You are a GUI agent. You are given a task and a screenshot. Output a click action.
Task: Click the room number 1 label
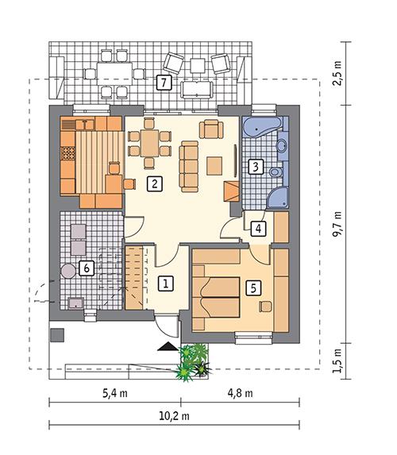pos(167,282)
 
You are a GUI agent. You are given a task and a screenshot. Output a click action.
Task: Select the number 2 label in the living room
pos(154,184)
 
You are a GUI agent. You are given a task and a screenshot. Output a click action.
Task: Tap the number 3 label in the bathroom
pos(255,167)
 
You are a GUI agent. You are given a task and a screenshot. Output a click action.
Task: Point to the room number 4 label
pos(258,229)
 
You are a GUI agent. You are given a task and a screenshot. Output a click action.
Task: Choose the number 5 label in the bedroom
pos(253,287)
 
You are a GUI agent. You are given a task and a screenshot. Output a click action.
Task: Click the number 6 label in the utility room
pos(87,268)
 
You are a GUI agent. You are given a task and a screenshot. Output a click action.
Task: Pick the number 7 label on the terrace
pos(163,82)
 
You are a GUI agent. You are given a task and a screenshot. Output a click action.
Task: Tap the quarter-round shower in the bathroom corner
pos(279,199)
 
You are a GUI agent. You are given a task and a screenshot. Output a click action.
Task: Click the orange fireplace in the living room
pos(231,191)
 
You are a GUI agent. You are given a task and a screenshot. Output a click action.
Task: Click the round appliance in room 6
pos(69,269)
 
